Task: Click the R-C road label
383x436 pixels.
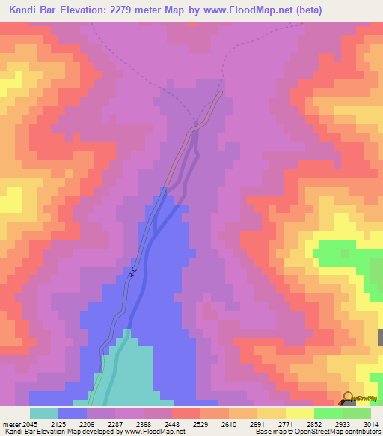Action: coord(132,276)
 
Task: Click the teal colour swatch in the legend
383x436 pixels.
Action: coord(44,413)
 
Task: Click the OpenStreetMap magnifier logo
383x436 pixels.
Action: coord(347,398)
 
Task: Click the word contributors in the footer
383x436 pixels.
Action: coord(362,432)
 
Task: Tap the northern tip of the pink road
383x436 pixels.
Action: coord(221,93)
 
